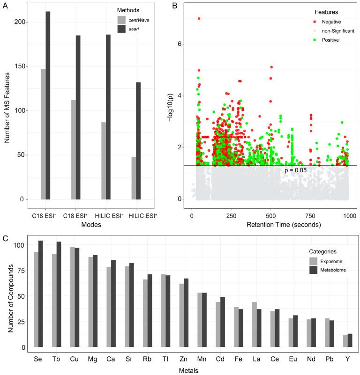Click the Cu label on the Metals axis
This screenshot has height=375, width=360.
(x=74, y=360)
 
